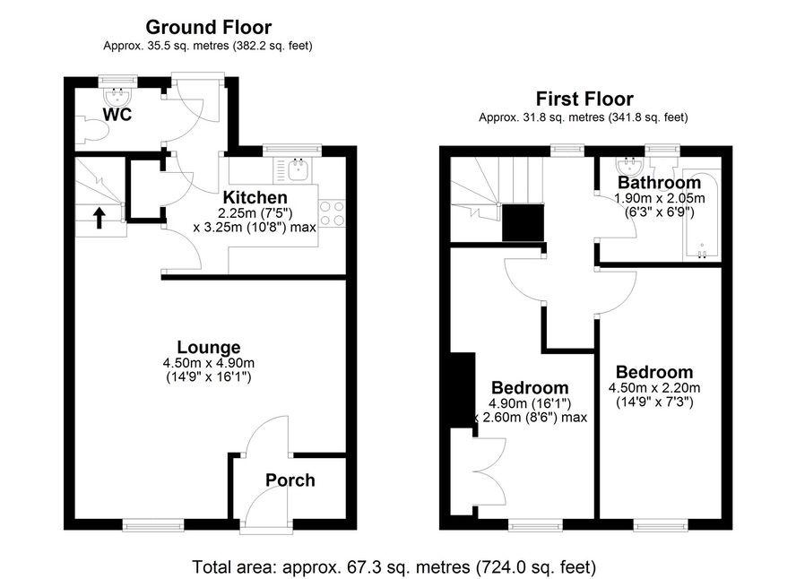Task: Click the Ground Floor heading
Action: tap(208, 27)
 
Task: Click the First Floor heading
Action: tap(584, 99)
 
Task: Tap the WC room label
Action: tap(117, 114)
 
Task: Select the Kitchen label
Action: tap(255, 197)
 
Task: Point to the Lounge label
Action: tap(209, 347)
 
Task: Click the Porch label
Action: tap(290, 480)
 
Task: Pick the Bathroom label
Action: tap(659, 182)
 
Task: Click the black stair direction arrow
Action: tap(99, 217)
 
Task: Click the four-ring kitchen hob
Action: tap(332, 213)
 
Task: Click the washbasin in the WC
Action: tap(118, 95)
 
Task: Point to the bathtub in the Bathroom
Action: tap(702, 214)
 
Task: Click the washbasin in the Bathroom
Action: tap(630, 165)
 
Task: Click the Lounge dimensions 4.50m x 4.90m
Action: tap(209, 363)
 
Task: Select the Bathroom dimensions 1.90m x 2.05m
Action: tap(660, 198)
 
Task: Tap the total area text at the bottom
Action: tap(394, 566)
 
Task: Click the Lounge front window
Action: tap(153, 525)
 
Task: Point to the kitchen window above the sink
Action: tap(292, 150)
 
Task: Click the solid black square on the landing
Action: tap(523, 222)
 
